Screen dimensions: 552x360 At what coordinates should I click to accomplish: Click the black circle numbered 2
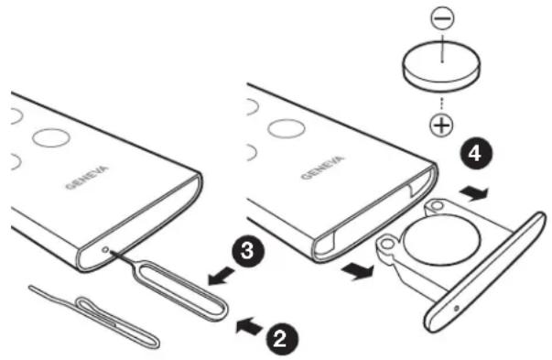click(281, 340)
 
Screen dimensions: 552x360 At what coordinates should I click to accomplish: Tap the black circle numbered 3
click(248, 251)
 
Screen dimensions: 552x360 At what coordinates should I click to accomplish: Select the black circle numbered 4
click(475, 154)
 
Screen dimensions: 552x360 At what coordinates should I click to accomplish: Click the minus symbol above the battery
click(442, 18)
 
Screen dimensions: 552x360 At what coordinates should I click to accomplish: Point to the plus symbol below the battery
click(442, 125)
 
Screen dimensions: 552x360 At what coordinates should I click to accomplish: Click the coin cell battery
click(441, 66)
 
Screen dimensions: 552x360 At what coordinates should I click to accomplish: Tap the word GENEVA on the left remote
click(87, 177)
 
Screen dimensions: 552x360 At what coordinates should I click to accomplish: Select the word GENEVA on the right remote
click(321, 167)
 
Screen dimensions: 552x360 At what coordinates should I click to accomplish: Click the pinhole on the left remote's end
click(105, 250)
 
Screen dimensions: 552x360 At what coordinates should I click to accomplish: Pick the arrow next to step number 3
click(222, 276)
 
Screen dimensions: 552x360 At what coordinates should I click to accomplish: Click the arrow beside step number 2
click(250, 326)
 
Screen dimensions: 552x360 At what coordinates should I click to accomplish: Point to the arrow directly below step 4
click(474, 193)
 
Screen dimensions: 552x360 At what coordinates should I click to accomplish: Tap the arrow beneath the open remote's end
click(357, 271)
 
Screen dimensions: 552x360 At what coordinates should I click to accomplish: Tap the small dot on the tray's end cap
click(457, 309)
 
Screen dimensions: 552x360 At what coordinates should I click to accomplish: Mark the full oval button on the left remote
click(51, 138)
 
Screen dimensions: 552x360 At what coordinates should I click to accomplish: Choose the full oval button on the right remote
click(287, 128)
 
